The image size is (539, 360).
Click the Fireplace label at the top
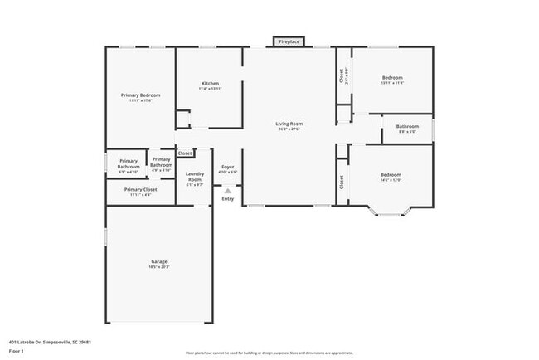(x=289, y=41)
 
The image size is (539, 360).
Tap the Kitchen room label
(x=210, y=84)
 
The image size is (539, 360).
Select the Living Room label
(x=289, y=124)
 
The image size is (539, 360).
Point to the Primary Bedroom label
(x=140, y=95)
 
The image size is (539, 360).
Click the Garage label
(x=159, y=261)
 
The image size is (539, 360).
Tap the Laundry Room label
(x=195, y=178)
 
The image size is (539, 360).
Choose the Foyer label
(x=227, y=167)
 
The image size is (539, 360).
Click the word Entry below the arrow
(x=227, y=198)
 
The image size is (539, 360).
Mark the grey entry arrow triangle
(x=227, y=190)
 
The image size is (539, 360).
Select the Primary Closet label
(x=140, y=189)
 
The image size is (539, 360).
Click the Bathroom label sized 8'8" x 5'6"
(x=407, y=126)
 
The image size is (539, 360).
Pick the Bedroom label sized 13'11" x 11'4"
(x=391, y=78)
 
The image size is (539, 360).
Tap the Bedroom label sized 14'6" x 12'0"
(x=391, y=175)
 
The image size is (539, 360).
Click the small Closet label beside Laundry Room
(x=185, y=153)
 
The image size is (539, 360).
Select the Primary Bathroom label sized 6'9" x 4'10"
(x=129, y=163)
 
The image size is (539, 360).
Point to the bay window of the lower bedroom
(x=389, y=215)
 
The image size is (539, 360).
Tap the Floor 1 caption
(x=17, y=351)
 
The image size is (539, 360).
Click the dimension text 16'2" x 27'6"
(x=289, y=129)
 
